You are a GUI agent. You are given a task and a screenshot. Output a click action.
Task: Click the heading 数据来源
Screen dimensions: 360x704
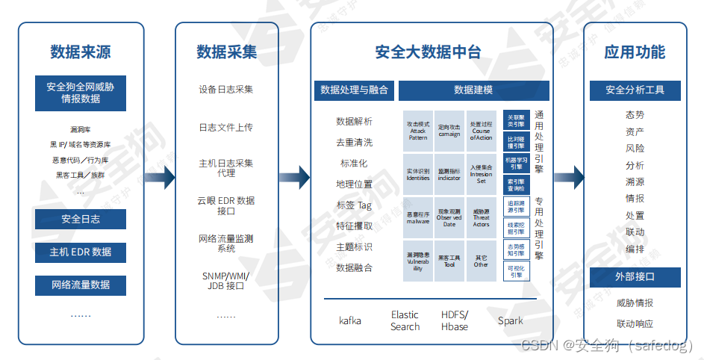point(81,52)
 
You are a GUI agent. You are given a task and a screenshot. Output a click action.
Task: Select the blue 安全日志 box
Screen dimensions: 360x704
point(81,219)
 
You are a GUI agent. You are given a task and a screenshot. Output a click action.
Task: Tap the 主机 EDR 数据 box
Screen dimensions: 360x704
point(81,252)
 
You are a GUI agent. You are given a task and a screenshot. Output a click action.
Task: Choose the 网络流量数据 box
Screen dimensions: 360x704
point(81,285)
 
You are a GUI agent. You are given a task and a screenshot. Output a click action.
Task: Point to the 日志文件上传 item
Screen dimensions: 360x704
point(226,127)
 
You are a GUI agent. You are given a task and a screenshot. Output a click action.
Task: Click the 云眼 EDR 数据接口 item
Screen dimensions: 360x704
point(226,205)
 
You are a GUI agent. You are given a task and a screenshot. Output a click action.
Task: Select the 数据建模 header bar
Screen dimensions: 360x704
point(473,90)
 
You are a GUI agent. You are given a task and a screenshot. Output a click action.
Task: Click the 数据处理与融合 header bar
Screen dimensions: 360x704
point(354,90)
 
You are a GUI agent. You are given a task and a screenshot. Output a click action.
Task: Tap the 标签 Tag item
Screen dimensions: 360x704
point(354,205)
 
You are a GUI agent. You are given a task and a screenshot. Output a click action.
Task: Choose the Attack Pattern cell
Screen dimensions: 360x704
point(418,131)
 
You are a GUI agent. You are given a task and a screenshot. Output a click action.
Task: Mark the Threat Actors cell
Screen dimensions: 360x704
point(482,217)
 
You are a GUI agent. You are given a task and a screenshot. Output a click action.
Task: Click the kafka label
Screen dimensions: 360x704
point(350,320)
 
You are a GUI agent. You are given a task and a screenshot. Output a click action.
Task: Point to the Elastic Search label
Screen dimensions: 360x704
point(405,320)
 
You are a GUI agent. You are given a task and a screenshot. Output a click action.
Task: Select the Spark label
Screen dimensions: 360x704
point(511,320)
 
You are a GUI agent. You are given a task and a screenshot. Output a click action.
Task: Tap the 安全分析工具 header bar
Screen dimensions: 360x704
point(635,90)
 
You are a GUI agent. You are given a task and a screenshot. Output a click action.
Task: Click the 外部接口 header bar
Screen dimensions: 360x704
point(635,277)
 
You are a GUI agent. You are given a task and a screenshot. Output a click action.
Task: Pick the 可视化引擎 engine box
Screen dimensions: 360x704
point(516,271)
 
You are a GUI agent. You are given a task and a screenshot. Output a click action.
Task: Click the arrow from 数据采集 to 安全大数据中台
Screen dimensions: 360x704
point(295,177)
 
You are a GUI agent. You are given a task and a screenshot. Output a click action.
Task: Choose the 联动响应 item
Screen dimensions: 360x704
point(635,323)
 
